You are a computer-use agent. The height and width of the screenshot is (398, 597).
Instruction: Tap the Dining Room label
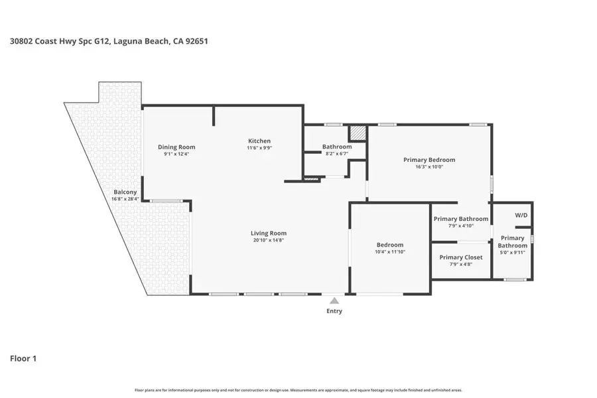click(x=176, y=147)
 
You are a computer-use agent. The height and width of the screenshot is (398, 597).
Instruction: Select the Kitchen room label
click(x=259, y=141)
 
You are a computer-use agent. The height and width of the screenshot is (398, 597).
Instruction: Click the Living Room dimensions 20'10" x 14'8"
click(x=269, y=241)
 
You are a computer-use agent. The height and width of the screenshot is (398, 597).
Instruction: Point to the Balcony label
click(x=125, y=192)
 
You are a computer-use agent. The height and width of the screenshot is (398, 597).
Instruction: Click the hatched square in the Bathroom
click(x=358, y=133)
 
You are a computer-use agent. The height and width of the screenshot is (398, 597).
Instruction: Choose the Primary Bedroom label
click(x=429, y=160)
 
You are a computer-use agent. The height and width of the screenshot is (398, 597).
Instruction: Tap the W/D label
click(x=521, y=216)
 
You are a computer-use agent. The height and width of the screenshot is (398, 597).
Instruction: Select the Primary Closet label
click(x=460, y=257)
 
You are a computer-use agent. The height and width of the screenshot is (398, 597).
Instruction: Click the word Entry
click(x=335, y=311)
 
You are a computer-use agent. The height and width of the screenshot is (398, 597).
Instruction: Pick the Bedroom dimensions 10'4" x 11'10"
click(x=389, y=252)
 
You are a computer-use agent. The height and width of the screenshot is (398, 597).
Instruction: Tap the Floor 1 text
click(x=23, y=359)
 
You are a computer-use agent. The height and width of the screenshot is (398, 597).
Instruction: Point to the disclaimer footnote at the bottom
click(x=298, y=390)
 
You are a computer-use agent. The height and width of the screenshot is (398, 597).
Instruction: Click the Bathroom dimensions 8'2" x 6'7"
click(x=336, y=154)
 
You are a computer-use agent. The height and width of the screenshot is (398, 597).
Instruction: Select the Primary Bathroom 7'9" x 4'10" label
click(x=460, y=219)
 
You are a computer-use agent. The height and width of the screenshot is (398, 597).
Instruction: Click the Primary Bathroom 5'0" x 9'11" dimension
click(x=513, y=253)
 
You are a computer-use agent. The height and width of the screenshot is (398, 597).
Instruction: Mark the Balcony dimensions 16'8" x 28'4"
click(x=125, y=198)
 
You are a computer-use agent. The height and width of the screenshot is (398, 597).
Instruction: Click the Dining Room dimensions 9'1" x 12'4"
click(x=176, y=154)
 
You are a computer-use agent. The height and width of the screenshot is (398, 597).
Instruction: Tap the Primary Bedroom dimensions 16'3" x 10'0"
click(x=429, y=167)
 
